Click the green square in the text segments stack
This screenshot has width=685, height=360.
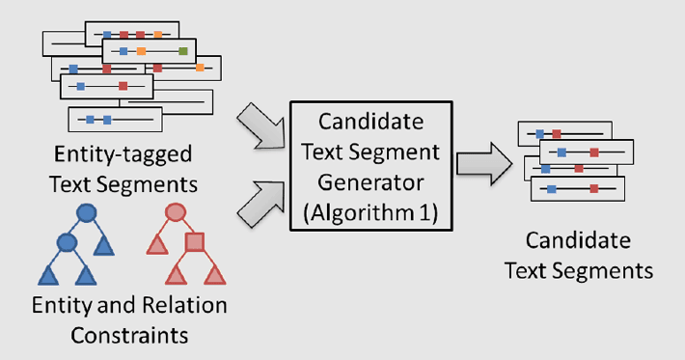[x=181, y=50]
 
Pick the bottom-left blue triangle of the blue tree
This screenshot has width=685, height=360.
[x=48, y=275]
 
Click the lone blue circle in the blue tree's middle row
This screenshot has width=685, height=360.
[x=67, y=241]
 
